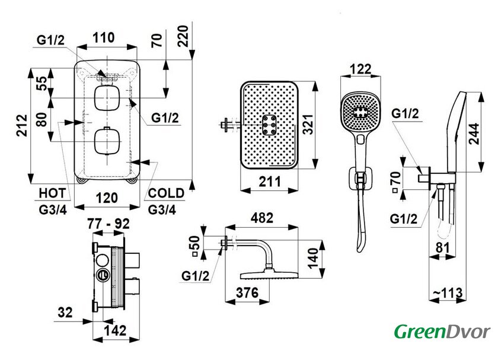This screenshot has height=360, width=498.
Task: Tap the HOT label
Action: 52,193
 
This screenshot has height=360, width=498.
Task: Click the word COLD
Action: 167,193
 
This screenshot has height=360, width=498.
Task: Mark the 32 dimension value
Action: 67,312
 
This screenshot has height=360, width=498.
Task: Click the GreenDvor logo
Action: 442,331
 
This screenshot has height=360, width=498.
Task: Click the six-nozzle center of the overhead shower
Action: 270,126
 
